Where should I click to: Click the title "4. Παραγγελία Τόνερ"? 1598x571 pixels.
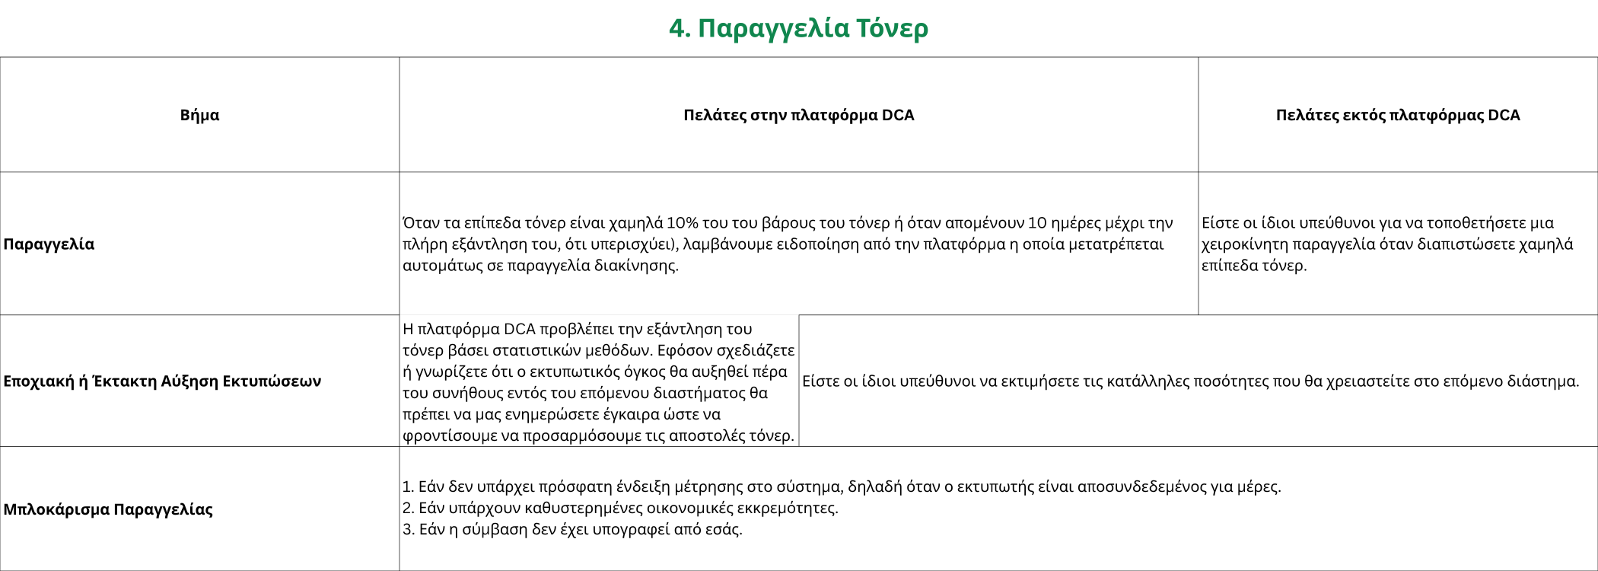pyautogui.click(x=798, y=28)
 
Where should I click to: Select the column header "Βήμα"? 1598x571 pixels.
pyautogui.click(x=199, y=115)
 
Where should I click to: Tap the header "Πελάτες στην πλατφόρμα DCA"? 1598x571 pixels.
pyautogui.click(x=798, y=115)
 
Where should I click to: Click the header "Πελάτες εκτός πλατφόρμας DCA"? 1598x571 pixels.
pyautogui.click(x=1398, y=115)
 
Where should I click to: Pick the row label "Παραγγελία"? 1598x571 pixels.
pyautogui.click(x=49, y=244)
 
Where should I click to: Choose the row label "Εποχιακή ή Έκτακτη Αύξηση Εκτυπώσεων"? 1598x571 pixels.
pyautogui.click(x=162, y=381)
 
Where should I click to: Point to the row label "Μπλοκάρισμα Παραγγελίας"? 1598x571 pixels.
pyautogui.click(x=108, y=509)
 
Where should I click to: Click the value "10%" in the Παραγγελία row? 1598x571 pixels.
pyautogui.click(x=683, y=223)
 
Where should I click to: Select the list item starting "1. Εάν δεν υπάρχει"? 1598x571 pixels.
pyautogui.click(x=841, y=486)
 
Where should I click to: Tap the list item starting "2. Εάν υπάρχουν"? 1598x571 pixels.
pyautogui.click(x=620, y=508)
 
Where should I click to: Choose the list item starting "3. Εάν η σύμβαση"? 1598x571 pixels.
pyautogui.click(x=572, y=529)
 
